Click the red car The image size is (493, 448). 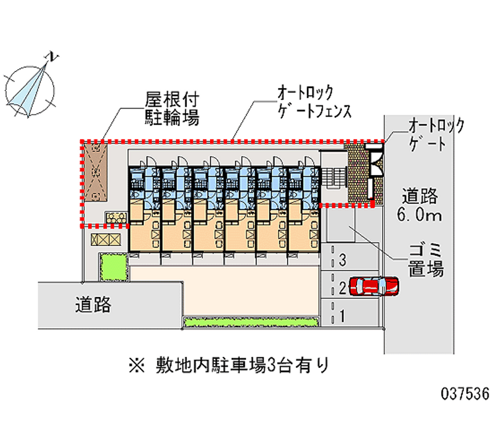point(373,286)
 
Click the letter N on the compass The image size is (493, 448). point(54,57)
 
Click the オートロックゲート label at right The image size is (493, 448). point(437,135)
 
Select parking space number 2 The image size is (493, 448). point(342,287)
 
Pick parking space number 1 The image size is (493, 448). point(342,316)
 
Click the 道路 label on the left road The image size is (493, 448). point(93,304)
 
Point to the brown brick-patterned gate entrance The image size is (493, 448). point(357,172)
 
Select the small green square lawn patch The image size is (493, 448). point(113,266)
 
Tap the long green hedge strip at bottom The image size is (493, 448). point(251,322)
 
